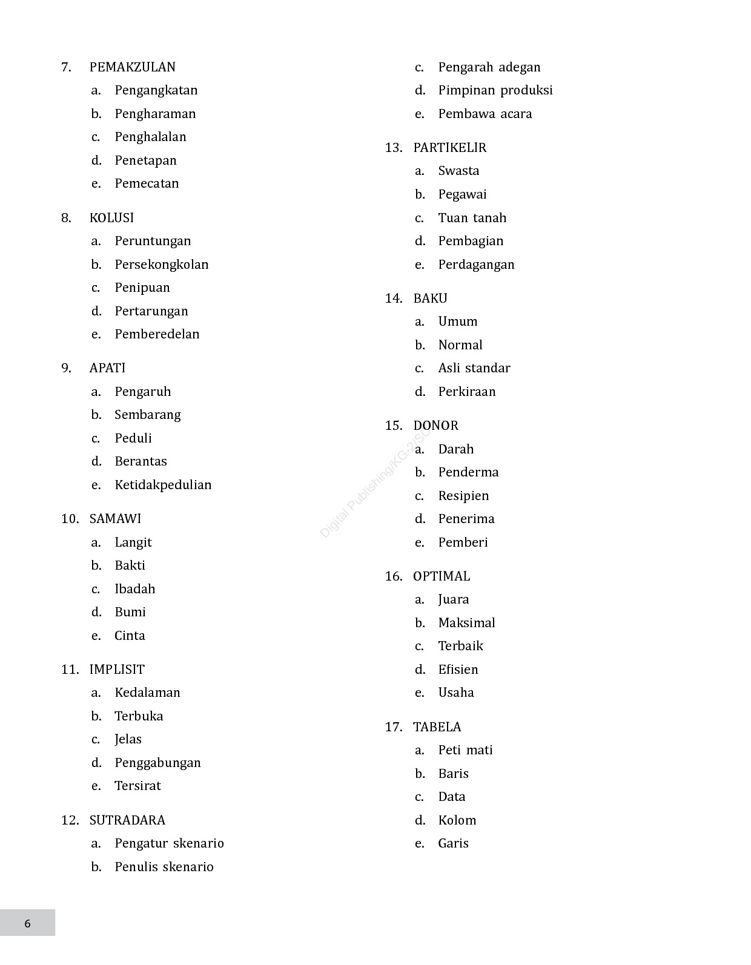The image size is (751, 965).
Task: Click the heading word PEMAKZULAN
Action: click(x=132, y=67)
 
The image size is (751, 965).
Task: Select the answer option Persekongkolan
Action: click(x=161, y=265)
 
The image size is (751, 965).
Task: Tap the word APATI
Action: click(x=107, y=368)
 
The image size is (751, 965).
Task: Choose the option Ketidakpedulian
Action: click(x=163, y=485)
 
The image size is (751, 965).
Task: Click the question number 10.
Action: click(x=70, y=519)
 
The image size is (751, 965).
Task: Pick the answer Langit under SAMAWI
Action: click(x=133, y=542)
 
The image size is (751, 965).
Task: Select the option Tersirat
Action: click(x=137, y=786)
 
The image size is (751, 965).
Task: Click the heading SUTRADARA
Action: click(x=127, y=820)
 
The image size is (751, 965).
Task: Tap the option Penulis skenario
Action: click(x=164, y=867)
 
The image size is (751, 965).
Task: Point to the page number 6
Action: click(x=27, y=924)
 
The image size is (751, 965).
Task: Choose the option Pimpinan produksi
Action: click(x=495, y=90)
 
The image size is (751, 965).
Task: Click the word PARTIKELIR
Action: click(x=449, y=148)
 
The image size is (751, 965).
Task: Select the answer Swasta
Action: click(x=458, y=171)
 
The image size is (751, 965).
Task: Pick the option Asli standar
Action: click(x=474, y=368)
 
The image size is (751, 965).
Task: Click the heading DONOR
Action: click(x=435, y=426)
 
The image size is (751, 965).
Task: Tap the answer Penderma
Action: click(x=468, y=472)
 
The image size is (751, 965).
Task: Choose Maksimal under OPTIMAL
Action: click(x=466, y=623)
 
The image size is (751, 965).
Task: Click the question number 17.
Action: click(x=393, y=727)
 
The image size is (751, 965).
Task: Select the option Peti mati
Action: click(x=465, y=750)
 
